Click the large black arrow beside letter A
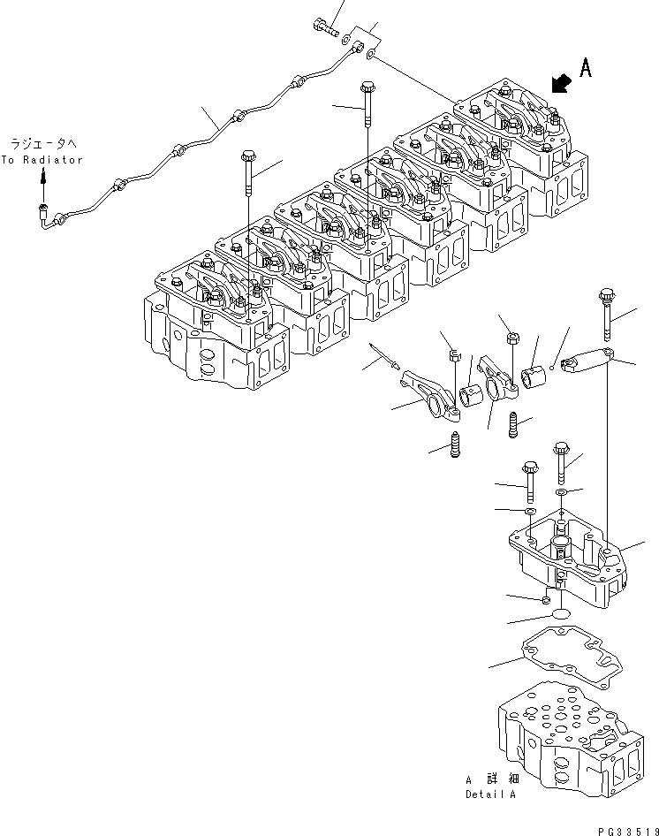pos(558,83)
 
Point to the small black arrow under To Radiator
pos(42,179)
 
